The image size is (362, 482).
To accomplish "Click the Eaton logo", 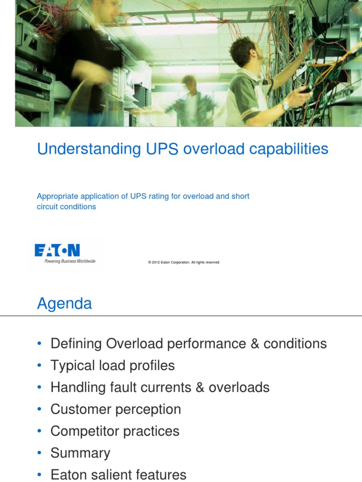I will pyautogui.click(x=57, y=250).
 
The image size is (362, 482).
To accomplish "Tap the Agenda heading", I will pyautogui.click(x=65, y=304).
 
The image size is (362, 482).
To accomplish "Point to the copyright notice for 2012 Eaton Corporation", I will pyautogui.click(x=183, y=262).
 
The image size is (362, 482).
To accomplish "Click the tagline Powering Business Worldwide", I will pyautogui.click(x=70, y=261).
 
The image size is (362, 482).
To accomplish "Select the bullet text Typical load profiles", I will pyautogui.click(x=113, y=365).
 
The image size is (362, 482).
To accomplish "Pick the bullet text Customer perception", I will pyautogui.click(x=115, y=409).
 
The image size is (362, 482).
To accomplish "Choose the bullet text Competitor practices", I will pyautogui.click(x=115, y=431).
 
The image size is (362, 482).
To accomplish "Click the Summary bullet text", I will pyautogui.click(x=80, y=453).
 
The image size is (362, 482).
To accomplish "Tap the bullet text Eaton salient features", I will pyautogui.click(x=118, y=475).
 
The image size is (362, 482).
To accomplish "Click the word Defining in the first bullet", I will pyautogui.click(x=76, y=344).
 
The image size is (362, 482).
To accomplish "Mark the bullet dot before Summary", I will pyautogui.click(x=39, y=453).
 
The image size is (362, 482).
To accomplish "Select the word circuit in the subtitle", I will pyautogui.click(x=48, y=207).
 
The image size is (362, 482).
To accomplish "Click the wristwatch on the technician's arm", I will pyautogui.click(x=286, y=105).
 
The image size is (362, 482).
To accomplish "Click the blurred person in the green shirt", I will pyautogui.click(x=191, y=101).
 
